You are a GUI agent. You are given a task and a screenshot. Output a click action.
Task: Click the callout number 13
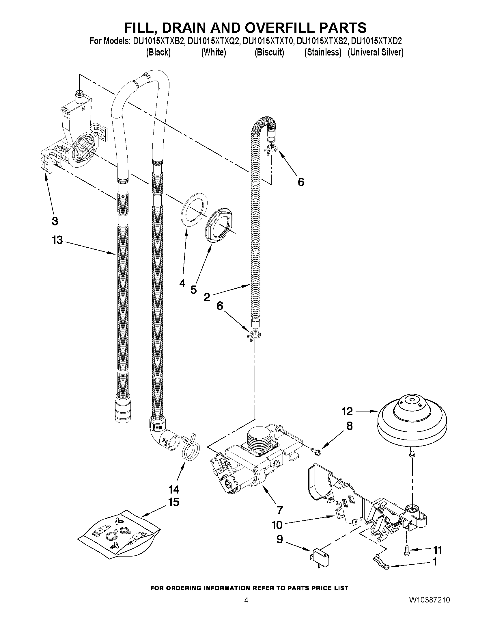click(57, 240)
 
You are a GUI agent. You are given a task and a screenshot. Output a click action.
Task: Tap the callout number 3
click(55, 221)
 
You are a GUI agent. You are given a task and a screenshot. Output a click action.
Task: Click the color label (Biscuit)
click(269, 52)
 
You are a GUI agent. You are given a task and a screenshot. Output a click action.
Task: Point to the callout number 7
click(279, 510)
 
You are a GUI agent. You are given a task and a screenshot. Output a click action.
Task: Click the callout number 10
click(277, 525)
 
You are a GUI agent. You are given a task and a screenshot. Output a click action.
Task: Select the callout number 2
click(207, 297)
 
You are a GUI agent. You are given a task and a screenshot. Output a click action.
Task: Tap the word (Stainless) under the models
click(323, 52)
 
